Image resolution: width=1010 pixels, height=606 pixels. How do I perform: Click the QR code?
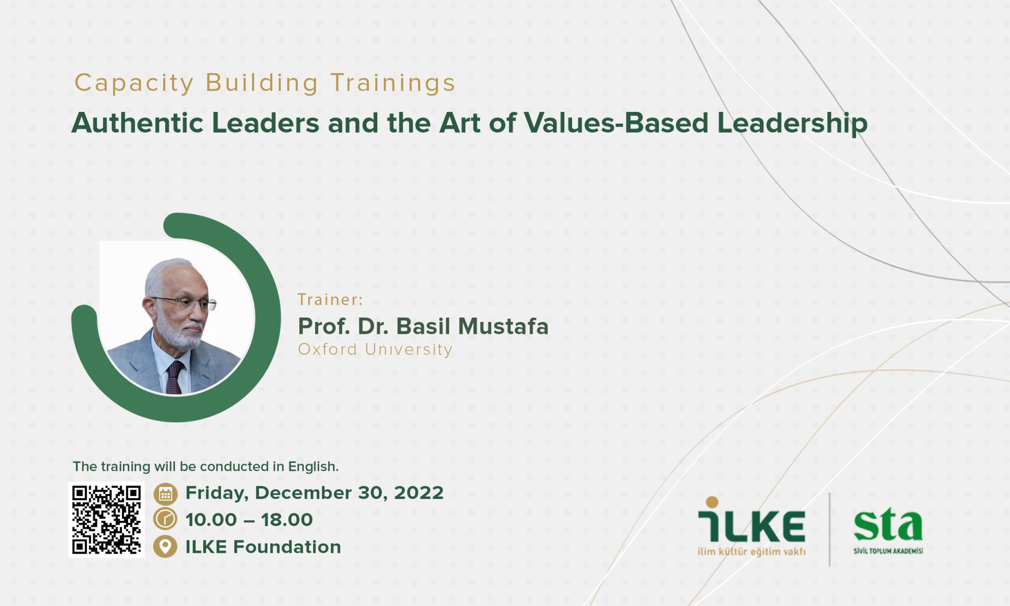pyautogui.click(x=106, y=520)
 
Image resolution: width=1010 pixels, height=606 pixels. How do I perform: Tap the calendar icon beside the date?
pyautogui.click(x=165, y=494)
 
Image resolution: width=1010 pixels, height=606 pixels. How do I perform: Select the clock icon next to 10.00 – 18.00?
pyautogui.click(x=165, y=519)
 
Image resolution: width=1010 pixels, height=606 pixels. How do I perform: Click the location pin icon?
pyautogui.click(x=165, y=546)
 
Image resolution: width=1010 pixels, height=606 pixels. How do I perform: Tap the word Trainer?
pyautogui.click(x=330, y=299)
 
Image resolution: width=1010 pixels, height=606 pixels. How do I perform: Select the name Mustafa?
pyautogui.click(x=503, y=326)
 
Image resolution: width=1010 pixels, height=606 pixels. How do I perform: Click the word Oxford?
pyautogui.click(x=327, y=349)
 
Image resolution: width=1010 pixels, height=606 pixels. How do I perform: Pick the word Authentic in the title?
pyautogui.click(x=138, y=123)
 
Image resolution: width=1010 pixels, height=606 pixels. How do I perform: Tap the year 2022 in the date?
pyautogui.click(x=419, y=493)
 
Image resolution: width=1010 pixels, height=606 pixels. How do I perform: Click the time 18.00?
pyautogui.click(x=287, y=520)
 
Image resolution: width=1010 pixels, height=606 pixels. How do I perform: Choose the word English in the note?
pyautogui.click(x=313, y=466)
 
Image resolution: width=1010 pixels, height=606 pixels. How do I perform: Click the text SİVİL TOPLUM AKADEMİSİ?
pyautogui.click(x=888, y=550)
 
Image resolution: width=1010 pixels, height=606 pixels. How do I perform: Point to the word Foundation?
pyautogui.click(x=287, y=547)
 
